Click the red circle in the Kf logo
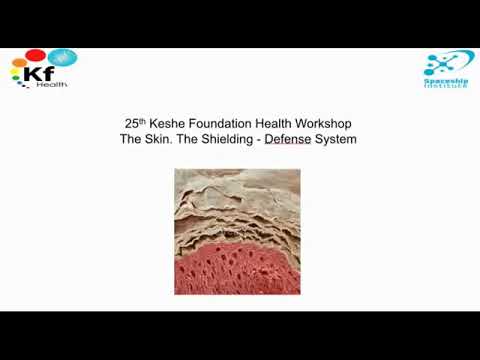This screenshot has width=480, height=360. click(x=35, y=55)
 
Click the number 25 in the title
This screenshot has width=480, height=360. click(x=125, y=124)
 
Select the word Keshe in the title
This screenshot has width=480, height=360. click(x=165, y=124)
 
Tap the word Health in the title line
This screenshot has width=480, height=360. click(x=275, y=124)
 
